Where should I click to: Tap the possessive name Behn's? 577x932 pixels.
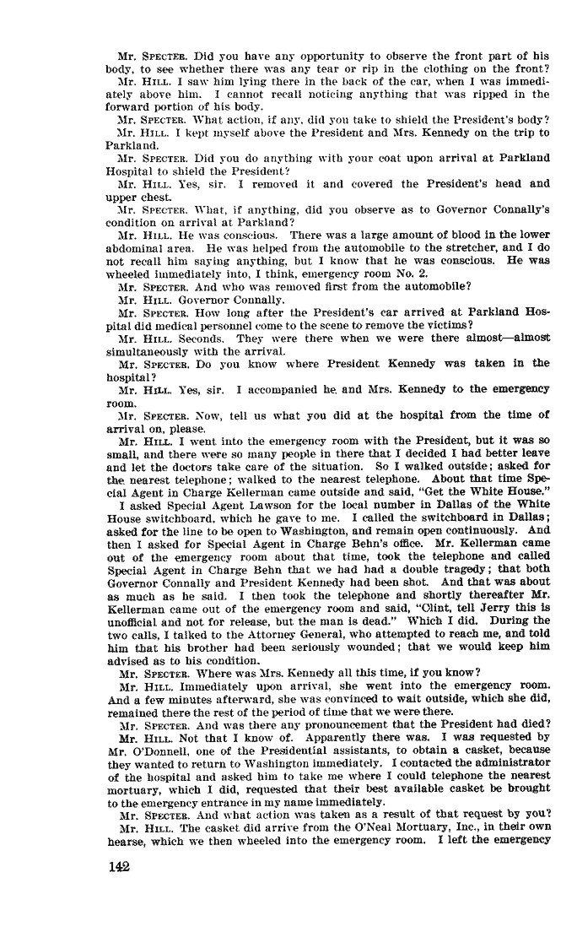coord(368,529)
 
